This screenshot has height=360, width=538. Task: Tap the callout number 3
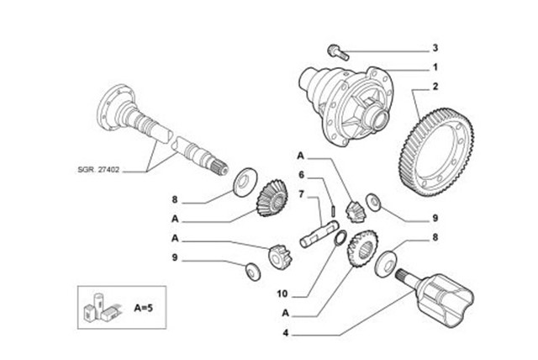(x=435, y=48)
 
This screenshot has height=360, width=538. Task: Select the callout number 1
(x=435, y=66)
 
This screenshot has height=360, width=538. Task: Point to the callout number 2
(x=435, y=86)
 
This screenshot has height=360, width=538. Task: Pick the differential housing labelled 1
(x=353, y=101)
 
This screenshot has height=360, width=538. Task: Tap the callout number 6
(x=311, y=175)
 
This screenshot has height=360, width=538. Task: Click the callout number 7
(x=311, y=193)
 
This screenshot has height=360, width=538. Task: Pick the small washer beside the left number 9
(x=251, y=271)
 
